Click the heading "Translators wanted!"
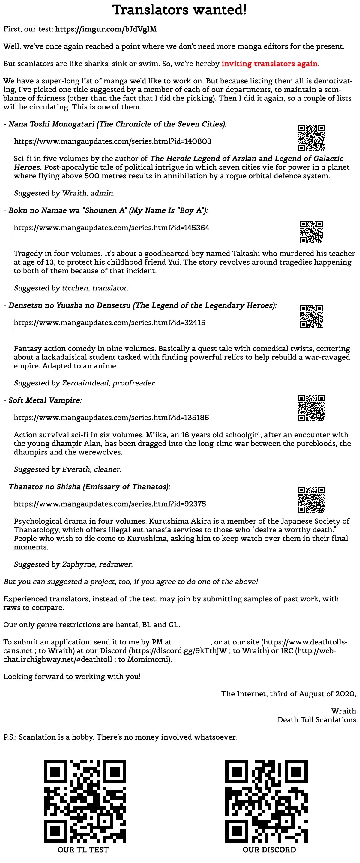180,10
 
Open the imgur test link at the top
106,29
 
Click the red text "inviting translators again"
269,64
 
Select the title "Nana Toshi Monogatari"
52,124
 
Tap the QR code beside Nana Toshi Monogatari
311,138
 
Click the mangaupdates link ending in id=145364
112,228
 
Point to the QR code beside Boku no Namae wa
311,232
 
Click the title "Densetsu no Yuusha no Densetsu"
69,305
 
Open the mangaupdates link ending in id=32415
109,323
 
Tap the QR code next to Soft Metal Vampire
311,408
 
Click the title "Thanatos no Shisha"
45,487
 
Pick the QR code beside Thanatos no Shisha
311,499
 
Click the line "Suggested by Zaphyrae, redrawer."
73,564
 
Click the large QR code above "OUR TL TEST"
85,801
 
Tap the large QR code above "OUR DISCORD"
266,801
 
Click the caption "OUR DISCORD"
269,850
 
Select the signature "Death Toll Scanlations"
316,720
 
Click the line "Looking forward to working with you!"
72,676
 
